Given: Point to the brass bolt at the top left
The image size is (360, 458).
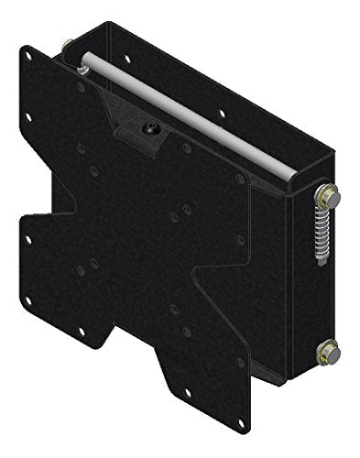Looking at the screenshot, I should (68, 45).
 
